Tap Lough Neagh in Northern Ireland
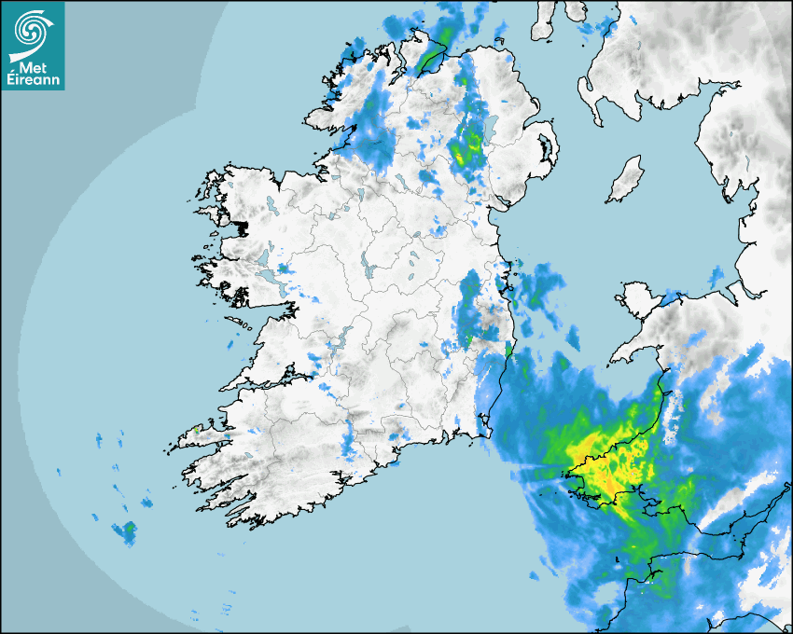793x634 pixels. coord(486,127)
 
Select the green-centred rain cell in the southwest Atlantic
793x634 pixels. coord(126,531)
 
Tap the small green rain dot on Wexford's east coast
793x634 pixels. coord(508,349)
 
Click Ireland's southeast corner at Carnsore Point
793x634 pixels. coord(486,433)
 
